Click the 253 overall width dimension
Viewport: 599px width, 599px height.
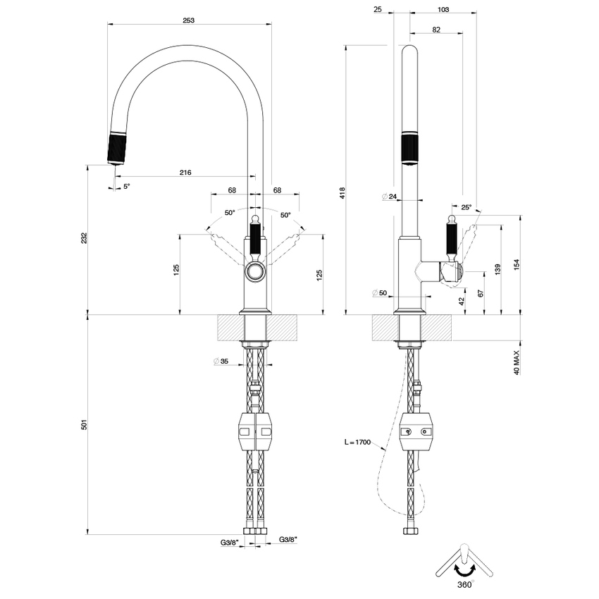[188, 20]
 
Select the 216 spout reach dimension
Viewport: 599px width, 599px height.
[186, 172]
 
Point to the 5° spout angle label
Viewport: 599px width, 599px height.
[127, 186]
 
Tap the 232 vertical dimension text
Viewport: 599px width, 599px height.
[85, 238]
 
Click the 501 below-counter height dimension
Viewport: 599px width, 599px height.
[85, 424]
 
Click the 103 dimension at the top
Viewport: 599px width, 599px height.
[443, 10]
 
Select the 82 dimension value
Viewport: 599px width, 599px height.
[436, 30]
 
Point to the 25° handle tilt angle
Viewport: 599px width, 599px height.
[466, 207]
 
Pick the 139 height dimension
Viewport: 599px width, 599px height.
[499, 269]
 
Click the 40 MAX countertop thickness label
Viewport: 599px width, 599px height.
[517, 362]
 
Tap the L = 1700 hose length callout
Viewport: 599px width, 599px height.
[357, 442]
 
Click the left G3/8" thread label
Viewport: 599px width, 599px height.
[229, 542]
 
